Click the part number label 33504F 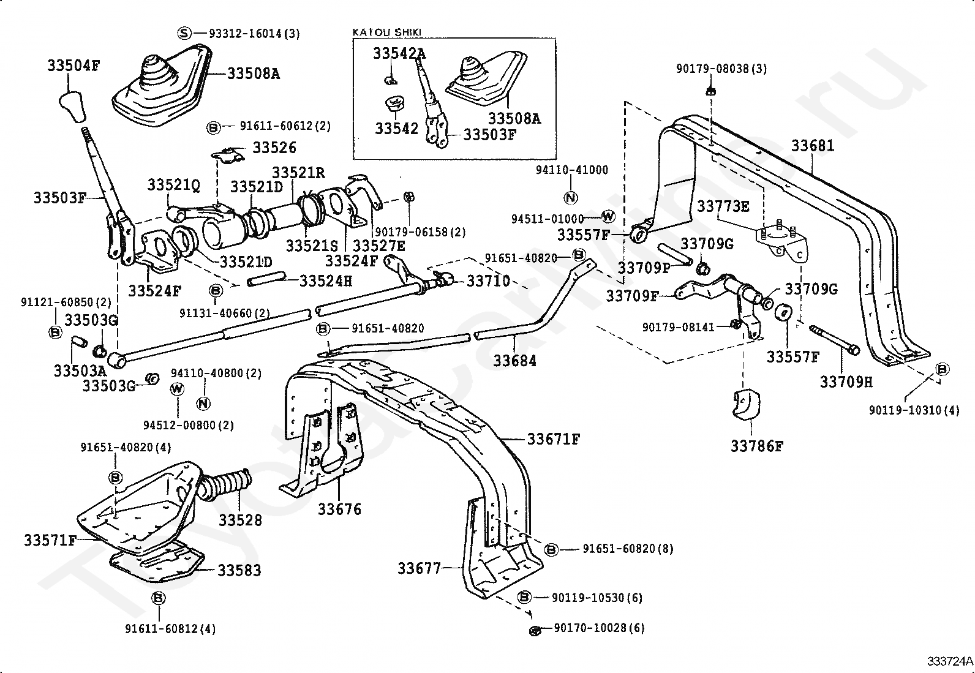[x=73, y=65]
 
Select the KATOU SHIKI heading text [x=387, y=32]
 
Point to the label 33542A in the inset [x=399, y=54]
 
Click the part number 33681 [x=812, y=146]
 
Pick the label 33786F [x=756, y=446]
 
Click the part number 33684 [x=515, y=361]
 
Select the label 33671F [x=554, y=439]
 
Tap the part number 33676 [x=339, y=509]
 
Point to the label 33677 [x=420, y=568]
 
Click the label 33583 [x=239, y=570]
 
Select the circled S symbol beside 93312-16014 [x=184, y=32]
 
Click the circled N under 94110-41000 [x=570, y=198]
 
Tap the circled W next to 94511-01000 [x=608, y=216]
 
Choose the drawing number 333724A [x=949, y=661]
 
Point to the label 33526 [x=274, y=148]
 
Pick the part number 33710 [x=488, y=281]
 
